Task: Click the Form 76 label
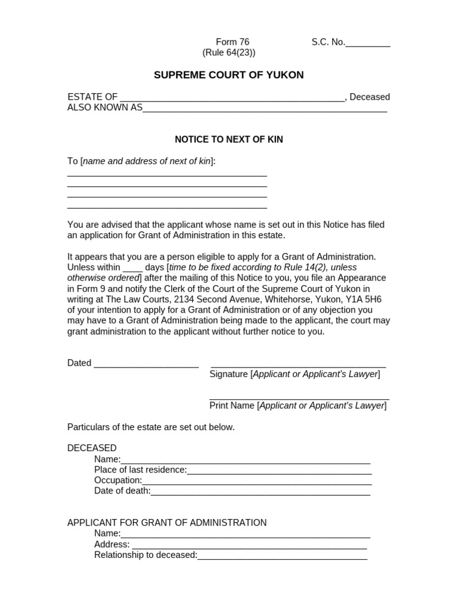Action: (232, 42)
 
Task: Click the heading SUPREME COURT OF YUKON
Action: (228, 75)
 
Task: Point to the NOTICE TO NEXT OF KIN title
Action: (228, 140)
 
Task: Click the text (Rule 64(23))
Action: (228, 53)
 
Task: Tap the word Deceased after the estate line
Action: (370, 97)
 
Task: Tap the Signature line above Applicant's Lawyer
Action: (298, 365)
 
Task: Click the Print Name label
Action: (231, 406)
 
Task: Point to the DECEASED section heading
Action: (92, 448)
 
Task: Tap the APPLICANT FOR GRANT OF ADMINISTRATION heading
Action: (167, 523)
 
